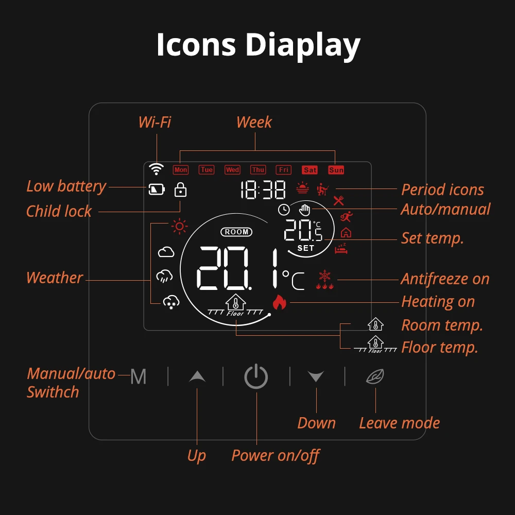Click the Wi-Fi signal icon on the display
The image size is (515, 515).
(x=156, y=169)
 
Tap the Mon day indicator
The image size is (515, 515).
(x=181, y=169)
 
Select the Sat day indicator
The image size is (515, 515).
(x=310, y=169)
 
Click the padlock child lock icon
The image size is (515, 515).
(x=180, y=190)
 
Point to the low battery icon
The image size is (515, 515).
(x=157, y=190)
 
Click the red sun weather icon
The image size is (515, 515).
(x=179, y=226)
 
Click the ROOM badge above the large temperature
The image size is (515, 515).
(x=236, y=232)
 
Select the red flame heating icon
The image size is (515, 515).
(x=279, y=302)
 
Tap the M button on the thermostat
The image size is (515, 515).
(x=138, y=377)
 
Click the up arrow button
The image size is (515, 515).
(x=197, y=377)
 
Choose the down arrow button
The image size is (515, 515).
(x=316, y=377)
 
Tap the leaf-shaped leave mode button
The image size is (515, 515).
(x=374, y=377)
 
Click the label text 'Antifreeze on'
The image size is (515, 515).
(x=445, y=279)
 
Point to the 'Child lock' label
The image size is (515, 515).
(x=59, y=211)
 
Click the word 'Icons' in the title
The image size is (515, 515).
(x=196, y=45)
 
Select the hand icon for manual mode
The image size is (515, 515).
(x=305, y=210)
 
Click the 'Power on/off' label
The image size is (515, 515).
(x=276, y=455)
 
